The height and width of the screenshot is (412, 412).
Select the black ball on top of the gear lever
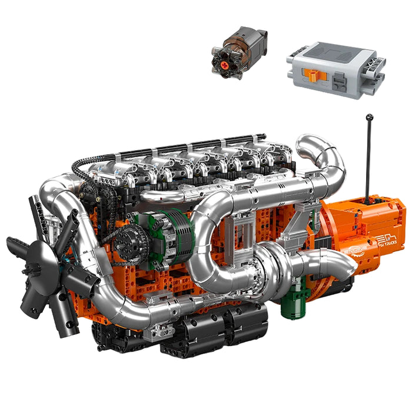pos(369,117)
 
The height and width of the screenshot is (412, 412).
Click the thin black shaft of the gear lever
pos(368,159)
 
